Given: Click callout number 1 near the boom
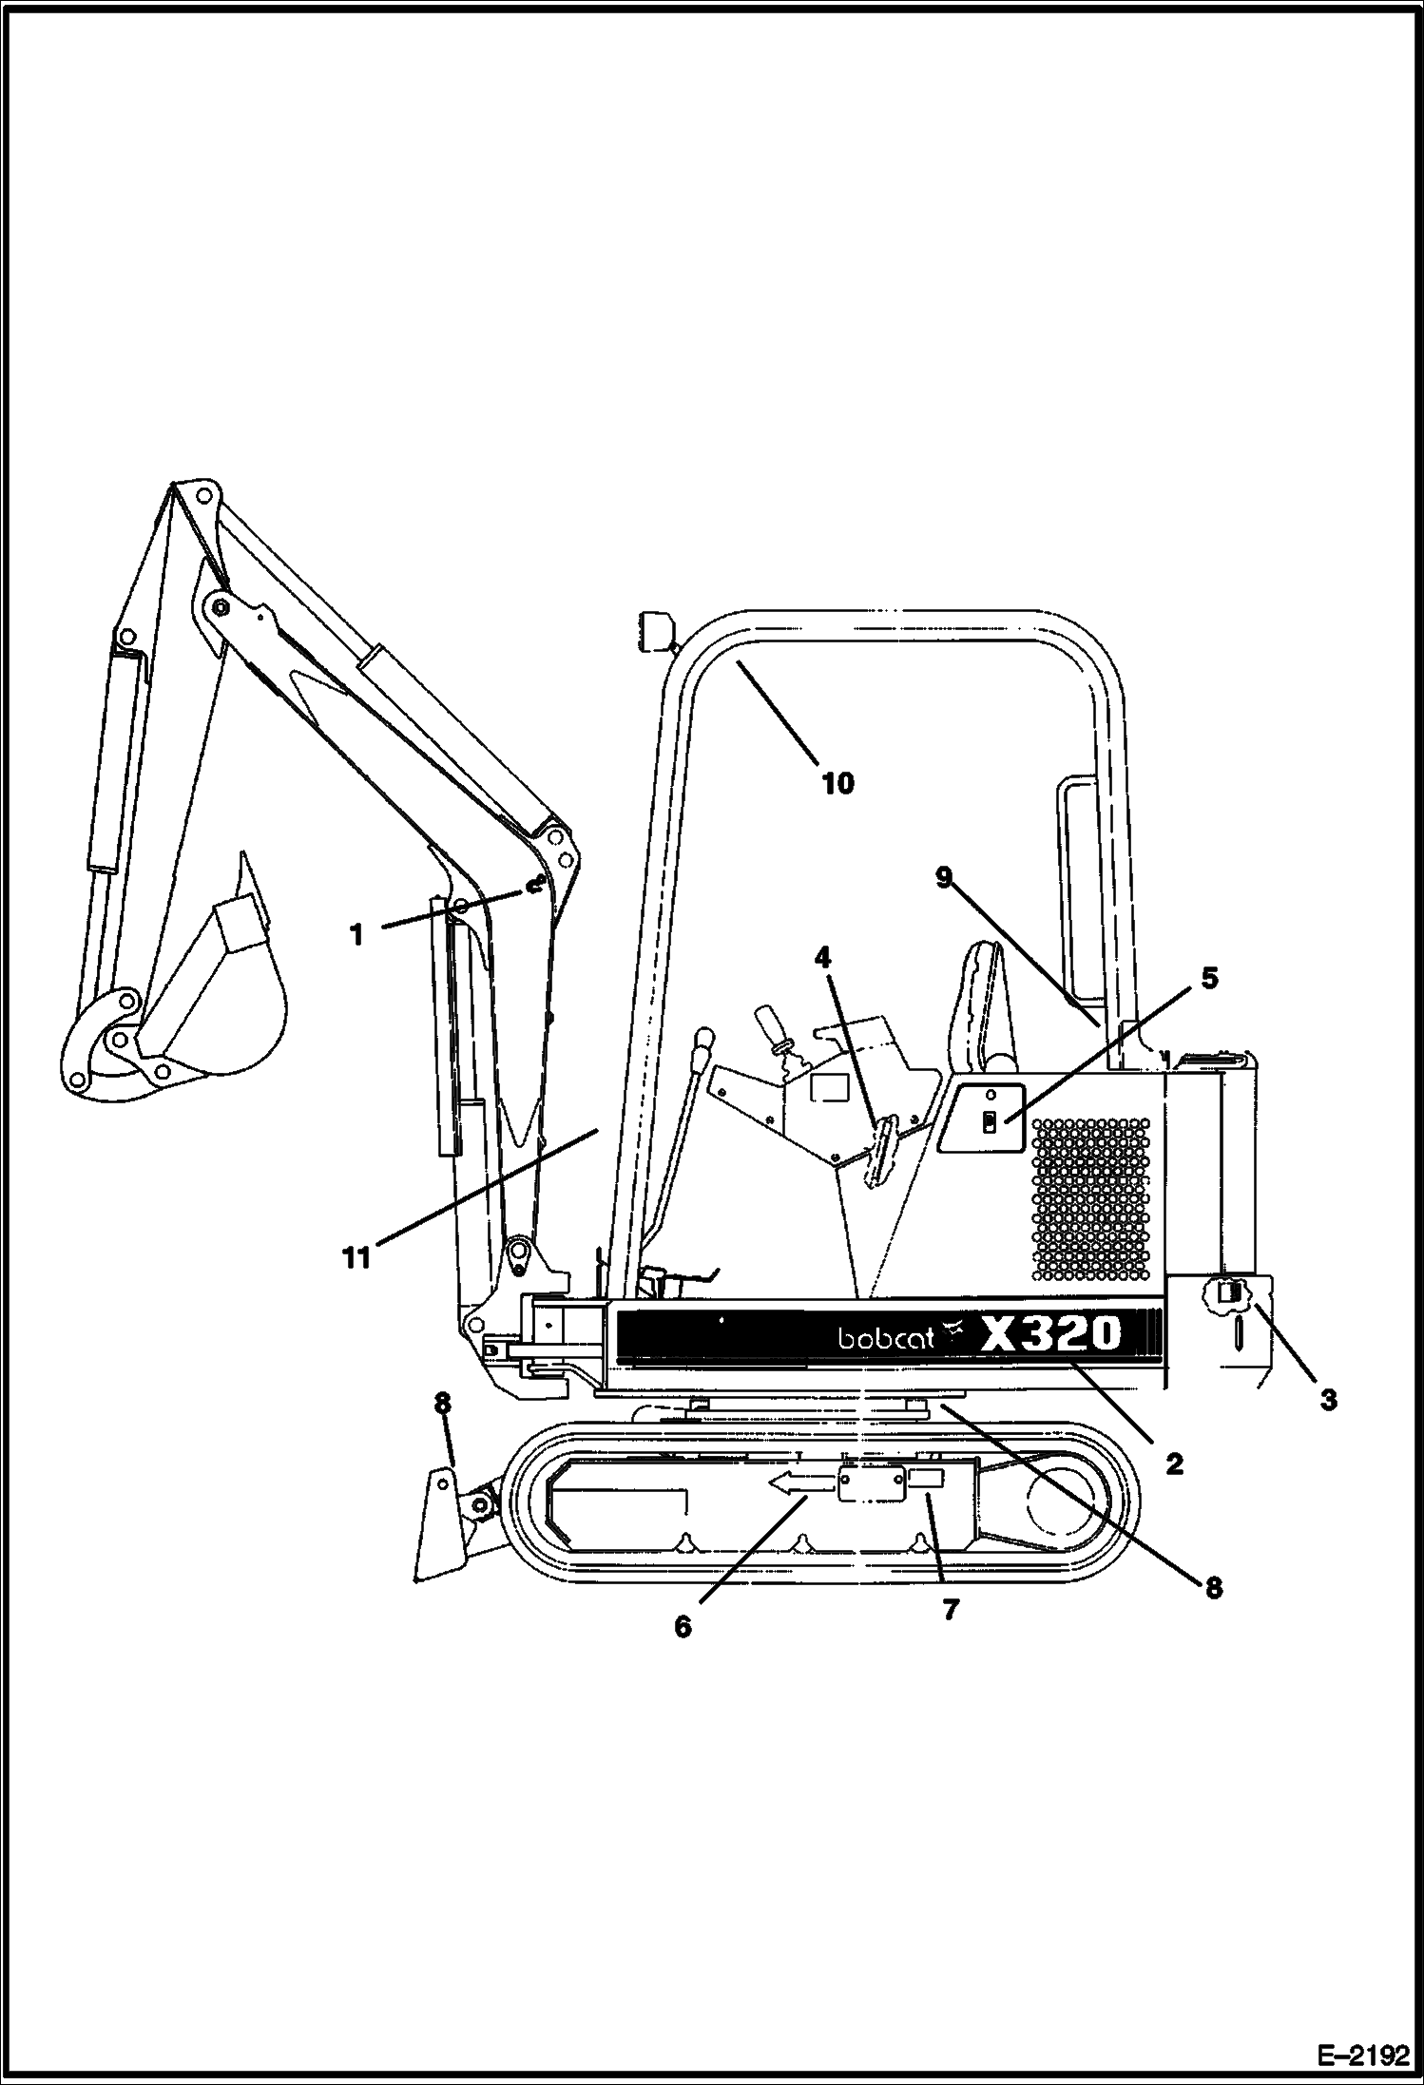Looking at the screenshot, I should (x=356, y=935).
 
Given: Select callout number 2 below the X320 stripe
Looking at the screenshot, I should (x=1174, y=1463).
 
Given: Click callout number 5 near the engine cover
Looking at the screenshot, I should (x=1208, y=977).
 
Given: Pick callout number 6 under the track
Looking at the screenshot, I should (x=683, y=1626).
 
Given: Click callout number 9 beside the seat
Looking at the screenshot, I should (x=943, y=877).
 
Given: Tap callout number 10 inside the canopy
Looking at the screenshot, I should (x=837, y=783).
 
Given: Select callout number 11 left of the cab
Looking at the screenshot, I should (x=356, y=1259).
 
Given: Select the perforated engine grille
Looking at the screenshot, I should (x=1089, y=1198).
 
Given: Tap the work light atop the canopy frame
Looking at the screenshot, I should (x=653, y=630).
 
